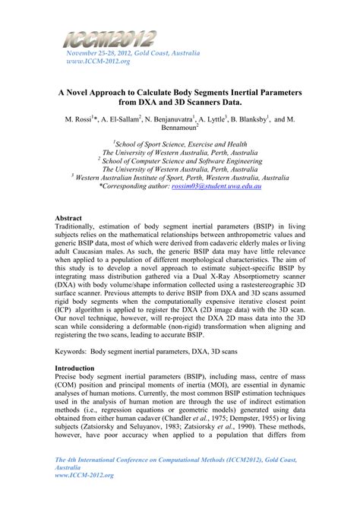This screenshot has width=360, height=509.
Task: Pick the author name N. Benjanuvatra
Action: pos(169,119)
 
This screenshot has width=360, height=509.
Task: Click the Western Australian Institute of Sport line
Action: pos(182,175)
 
